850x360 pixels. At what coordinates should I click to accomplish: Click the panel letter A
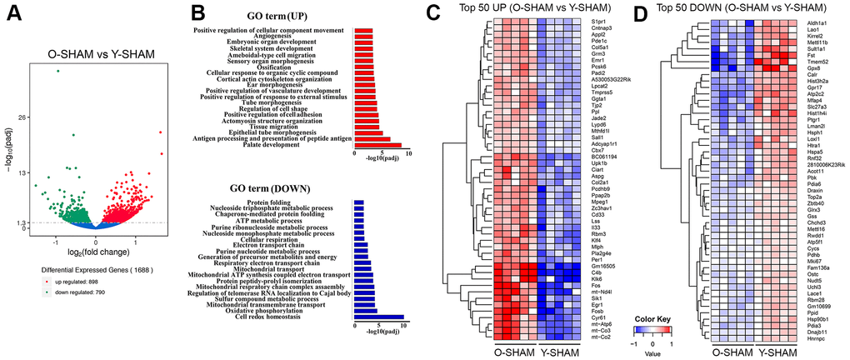[x=12, y=14]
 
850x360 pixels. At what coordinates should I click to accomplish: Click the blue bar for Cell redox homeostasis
[x=379, y=317]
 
